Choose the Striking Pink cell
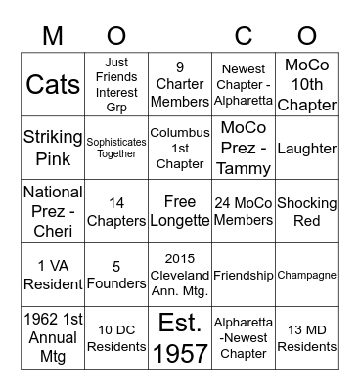(x=53, y=148)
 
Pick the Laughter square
(x=306, y=148)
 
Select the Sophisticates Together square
(x=116, y=148)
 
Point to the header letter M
(x=53, y=35)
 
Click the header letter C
(x=244, y=35)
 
